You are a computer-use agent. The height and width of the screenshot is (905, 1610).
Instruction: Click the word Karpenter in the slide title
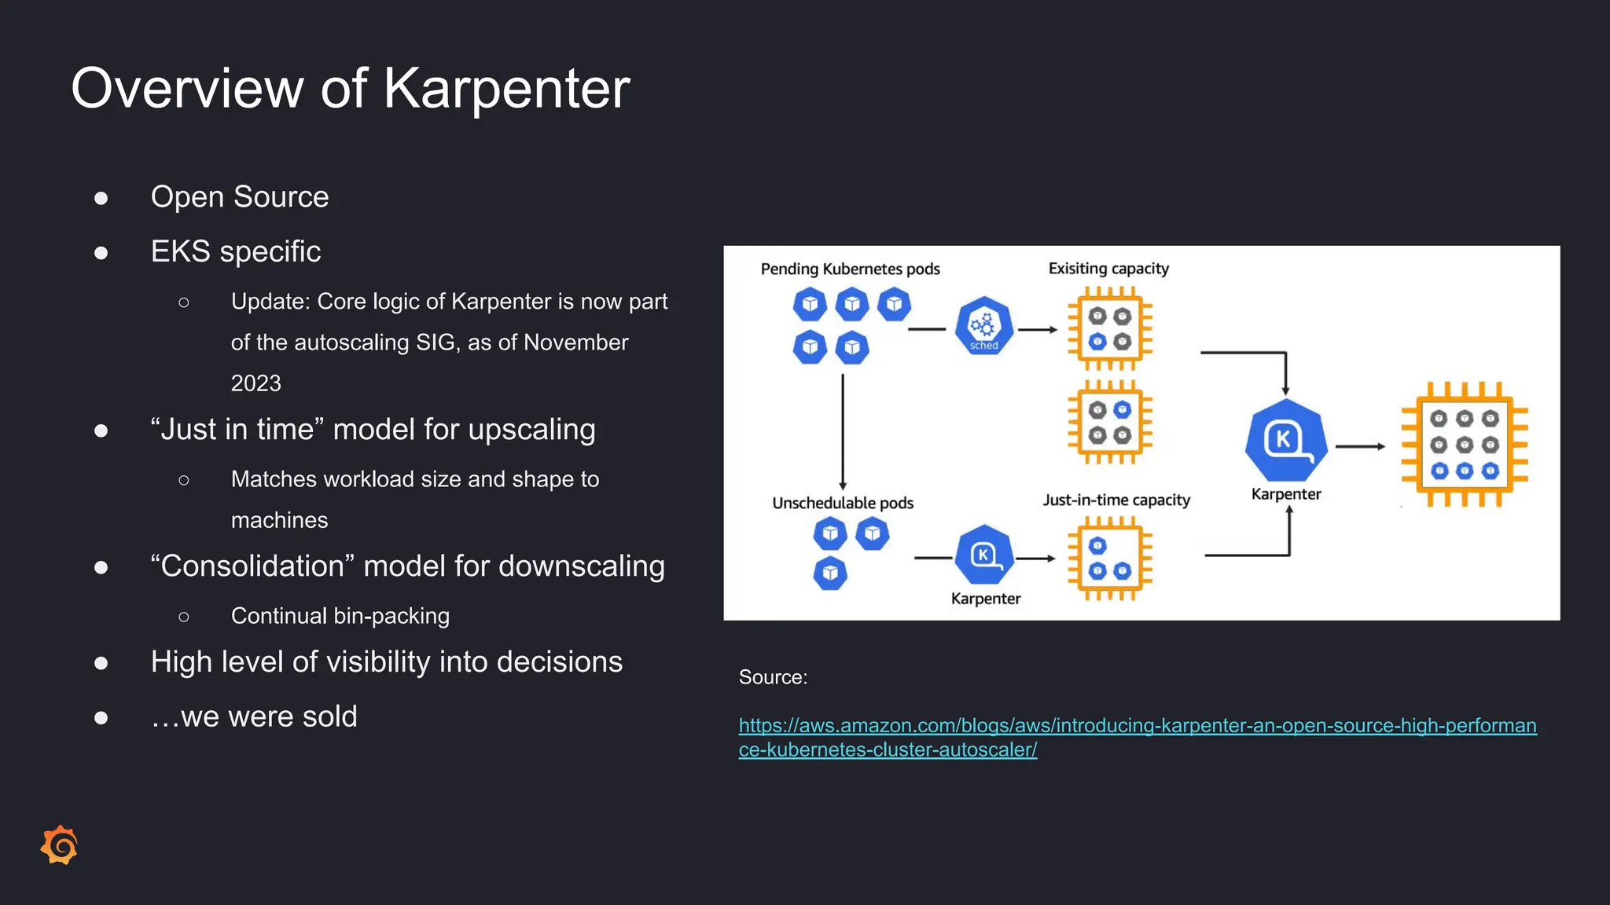[506, 88]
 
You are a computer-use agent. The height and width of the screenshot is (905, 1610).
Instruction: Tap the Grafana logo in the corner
[60, 845]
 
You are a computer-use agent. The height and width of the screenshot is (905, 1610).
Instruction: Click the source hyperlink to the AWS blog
[1137, 726]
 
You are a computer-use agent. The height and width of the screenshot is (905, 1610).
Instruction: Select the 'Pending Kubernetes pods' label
[850, 269]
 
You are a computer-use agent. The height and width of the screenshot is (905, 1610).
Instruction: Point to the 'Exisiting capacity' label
[1108, 269]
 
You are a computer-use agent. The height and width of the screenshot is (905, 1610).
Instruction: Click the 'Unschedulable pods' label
[843, 503]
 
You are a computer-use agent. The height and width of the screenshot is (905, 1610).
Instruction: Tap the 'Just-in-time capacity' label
[1116, 500]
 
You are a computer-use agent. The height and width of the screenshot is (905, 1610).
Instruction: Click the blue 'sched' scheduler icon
[983, 325]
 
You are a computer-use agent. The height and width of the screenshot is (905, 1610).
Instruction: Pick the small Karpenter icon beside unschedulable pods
[984, 555]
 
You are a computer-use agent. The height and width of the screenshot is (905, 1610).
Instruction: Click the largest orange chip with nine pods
[1465, 445]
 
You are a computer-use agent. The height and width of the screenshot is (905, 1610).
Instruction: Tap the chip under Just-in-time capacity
[1109, 559]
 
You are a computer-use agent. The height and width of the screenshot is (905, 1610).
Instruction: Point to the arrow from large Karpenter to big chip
[1360, 446]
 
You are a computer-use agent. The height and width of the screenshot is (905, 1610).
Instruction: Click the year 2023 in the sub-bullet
[255, 383]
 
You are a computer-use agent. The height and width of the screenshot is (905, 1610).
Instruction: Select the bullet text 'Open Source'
[240, 196]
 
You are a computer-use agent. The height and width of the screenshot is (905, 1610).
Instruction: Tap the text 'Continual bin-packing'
[340, 616]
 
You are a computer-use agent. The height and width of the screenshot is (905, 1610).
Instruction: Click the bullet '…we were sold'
[254, 716]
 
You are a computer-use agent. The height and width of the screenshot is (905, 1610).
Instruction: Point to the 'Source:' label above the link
[773, 677]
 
